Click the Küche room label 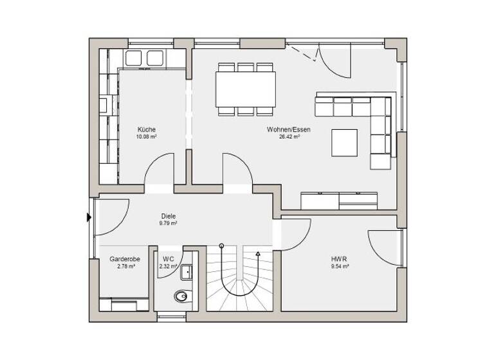point(146,129)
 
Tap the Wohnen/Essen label point(289,129)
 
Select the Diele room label point(169,217)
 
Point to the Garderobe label point(124,258)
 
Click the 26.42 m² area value point(289,137)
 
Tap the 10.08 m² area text point(146,137)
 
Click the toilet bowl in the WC point(182,296)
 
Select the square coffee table point(345,143)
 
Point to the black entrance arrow point(89,217)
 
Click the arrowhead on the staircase point(258,255)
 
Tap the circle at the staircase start point(221,246)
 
